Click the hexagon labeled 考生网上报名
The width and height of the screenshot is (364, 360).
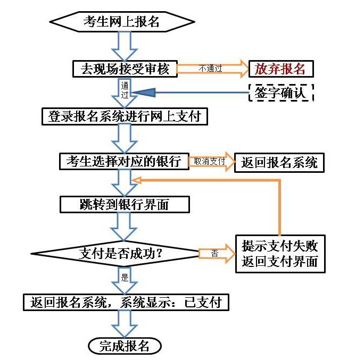122,22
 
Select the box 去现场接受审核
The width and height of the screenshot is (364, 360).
125,69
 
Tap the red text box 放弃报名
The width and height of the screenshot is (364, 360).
281,69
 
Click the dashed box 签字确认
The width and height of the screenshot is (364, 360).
281,93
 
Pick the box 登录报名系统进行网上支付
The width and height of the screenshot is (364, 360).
125,116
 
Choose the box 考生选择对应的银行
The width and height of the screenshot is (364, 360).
124,162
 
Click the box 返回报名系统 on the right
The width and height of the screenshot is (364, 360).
279,162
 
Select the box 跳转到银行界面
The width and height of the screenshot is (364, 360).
125,204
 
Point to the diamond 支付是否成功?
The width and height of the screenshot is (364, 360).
115,254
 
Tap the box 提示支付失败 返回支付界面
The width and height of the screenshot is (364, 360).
280,254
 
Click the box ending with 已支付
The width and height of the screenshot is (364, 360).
126,302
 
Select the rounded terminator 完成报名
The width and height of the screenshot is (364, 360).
125,346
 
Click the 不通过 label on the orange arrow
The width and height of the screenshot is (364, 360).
210,69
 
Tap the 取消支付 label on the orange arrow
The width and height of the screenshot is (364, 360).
209,161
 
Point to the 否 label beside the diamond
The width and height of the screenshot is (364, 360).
215,253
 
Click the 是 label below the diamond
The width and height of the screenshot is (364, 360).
125,277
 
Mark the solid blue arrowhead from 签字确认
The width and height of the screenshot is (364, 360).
144,93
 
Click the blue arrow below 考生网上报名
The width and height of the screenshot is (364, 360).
125,46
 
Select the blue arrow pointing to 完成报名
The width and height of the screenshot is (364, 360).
125,324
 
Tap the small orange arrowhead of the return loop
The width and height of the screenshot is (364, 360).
136,180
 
